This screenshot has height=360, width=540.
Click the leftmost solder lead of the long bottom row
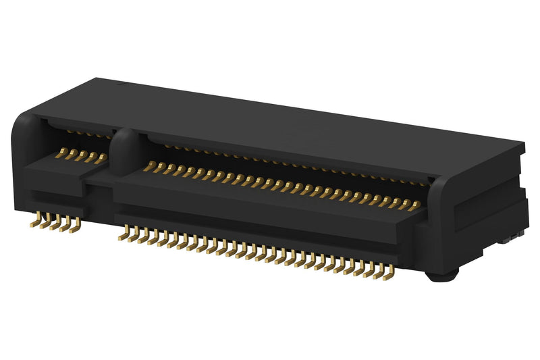pos(124,234)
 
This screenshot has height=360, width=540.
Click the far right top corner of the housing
pos(523,144)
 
